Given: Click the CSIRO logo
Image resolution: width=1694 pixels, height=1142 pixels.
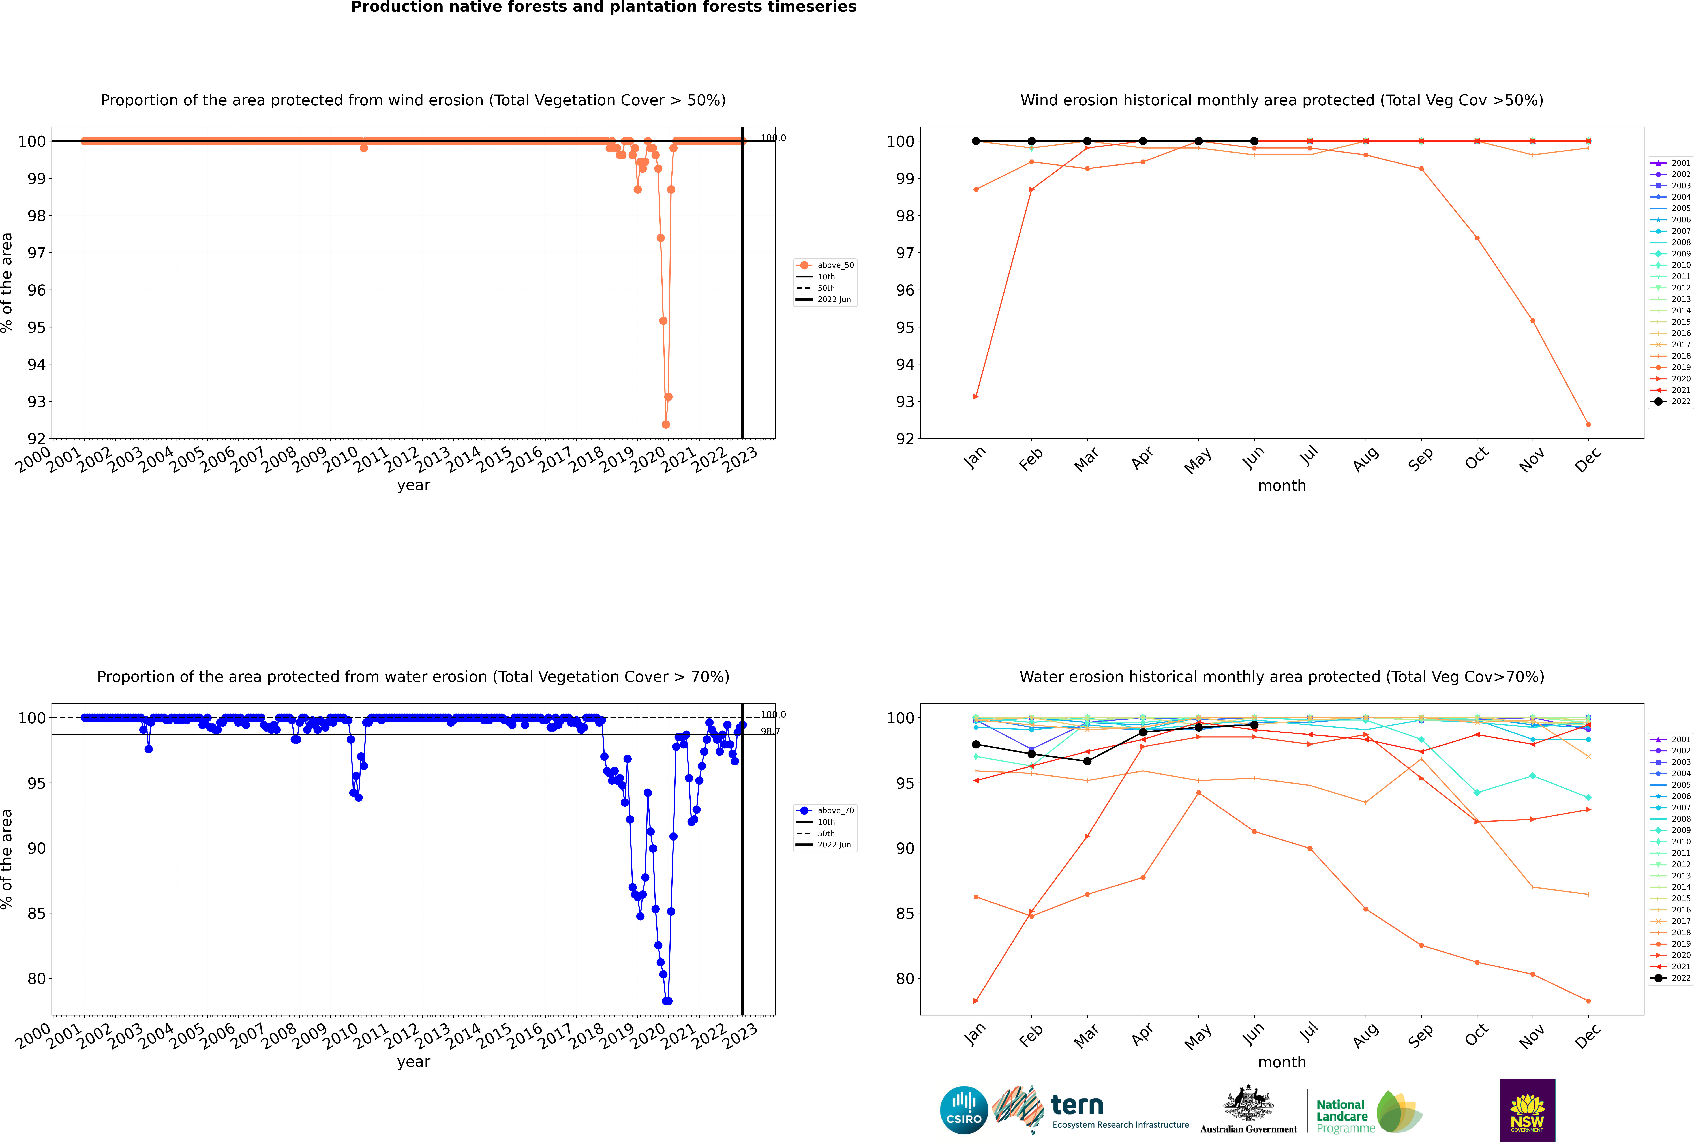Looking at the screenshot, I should tap(963, 1110).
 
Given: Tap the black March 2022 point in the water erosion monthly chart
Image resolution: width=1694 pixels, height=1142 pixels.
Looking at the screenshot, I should tap(1087, 761).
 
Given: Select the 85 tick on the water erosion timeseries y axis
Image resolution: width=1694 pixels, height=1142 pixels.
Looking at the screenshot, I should tap(36, 913).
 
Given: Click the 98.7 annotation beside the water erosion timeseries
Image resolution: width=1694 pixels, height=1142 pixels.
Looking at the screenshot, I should tap(770, 731).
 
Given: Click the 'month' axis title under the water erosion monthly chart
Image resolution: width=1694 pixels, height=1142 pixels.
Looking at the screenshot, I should tap(1282, 1062).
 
